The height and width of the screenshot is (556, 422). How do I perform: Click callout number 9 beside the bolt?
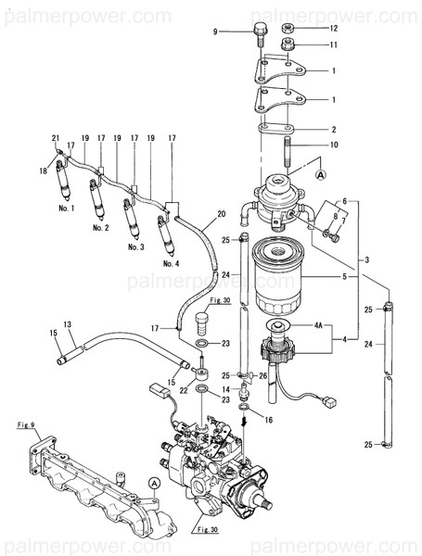coord(215,32)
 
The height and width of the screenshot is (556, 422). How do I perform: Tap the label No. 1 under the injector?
coord(66,210)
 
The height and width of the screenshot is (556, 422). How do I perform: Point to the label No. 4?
coord(171,263)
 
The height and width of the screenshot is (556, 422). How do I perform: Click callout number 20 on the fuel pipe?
coord(222,215)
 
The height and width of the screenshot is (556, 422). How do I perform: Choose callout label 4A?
coord(319,326)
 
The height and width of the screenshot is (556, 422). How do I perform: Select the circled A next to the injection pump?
coord(152,483)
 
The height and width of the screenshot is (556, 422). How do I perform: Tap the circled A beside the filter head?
coord(322,173)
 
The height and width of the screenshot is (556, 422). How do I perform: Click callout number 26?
coord(262,375)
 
